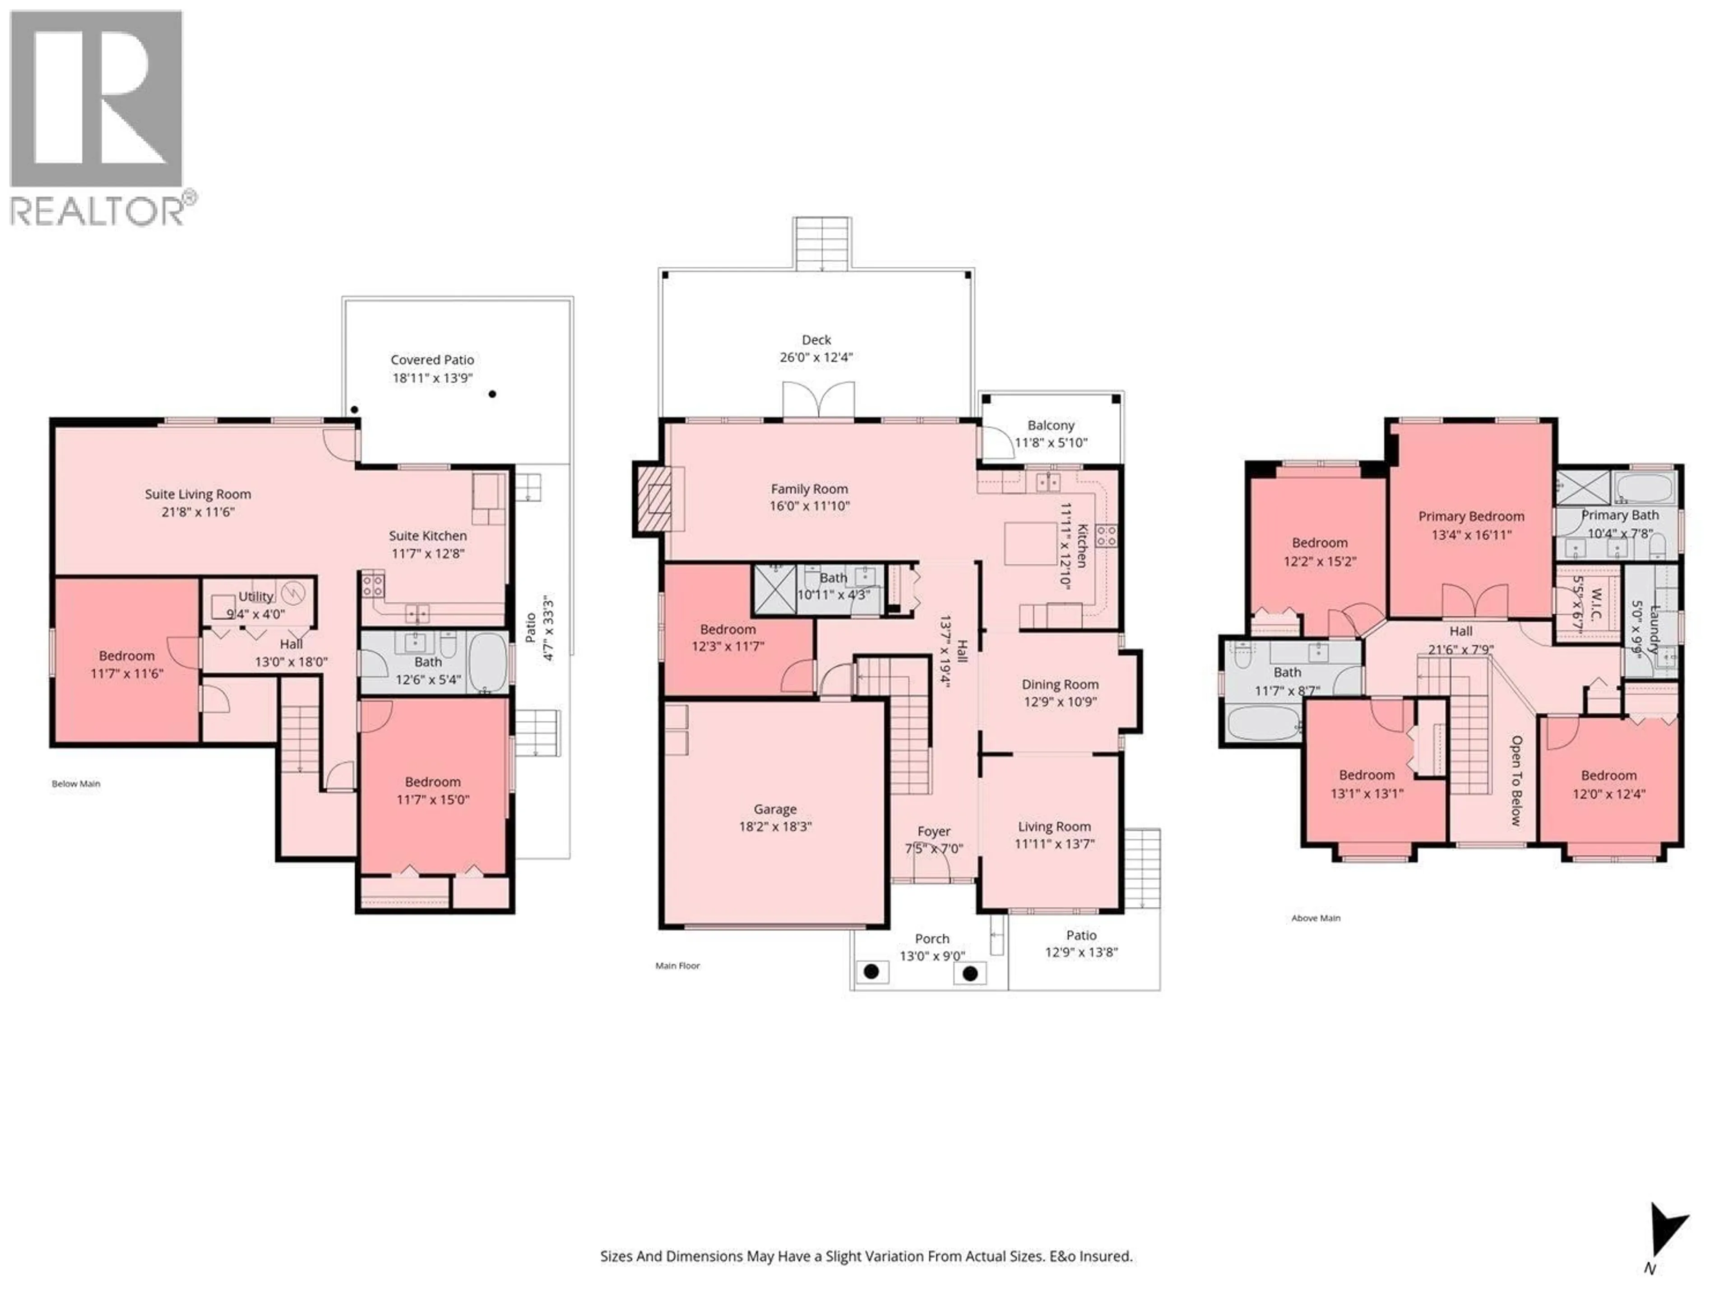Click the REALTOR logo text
[97, 212]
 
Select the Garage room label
[775, 809]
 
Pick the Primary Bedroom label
[1470, 516]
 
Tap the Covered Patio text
[432, 360]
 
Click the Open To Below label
[1516, 780]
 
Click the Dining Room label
[1059, 684]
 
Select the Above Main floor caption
[1316, 918]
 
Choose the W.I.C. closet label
[1597, 604]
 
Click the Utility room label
[255, 596]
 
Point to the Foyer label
[933, 831]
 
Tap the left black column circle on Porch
[871, 972]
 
